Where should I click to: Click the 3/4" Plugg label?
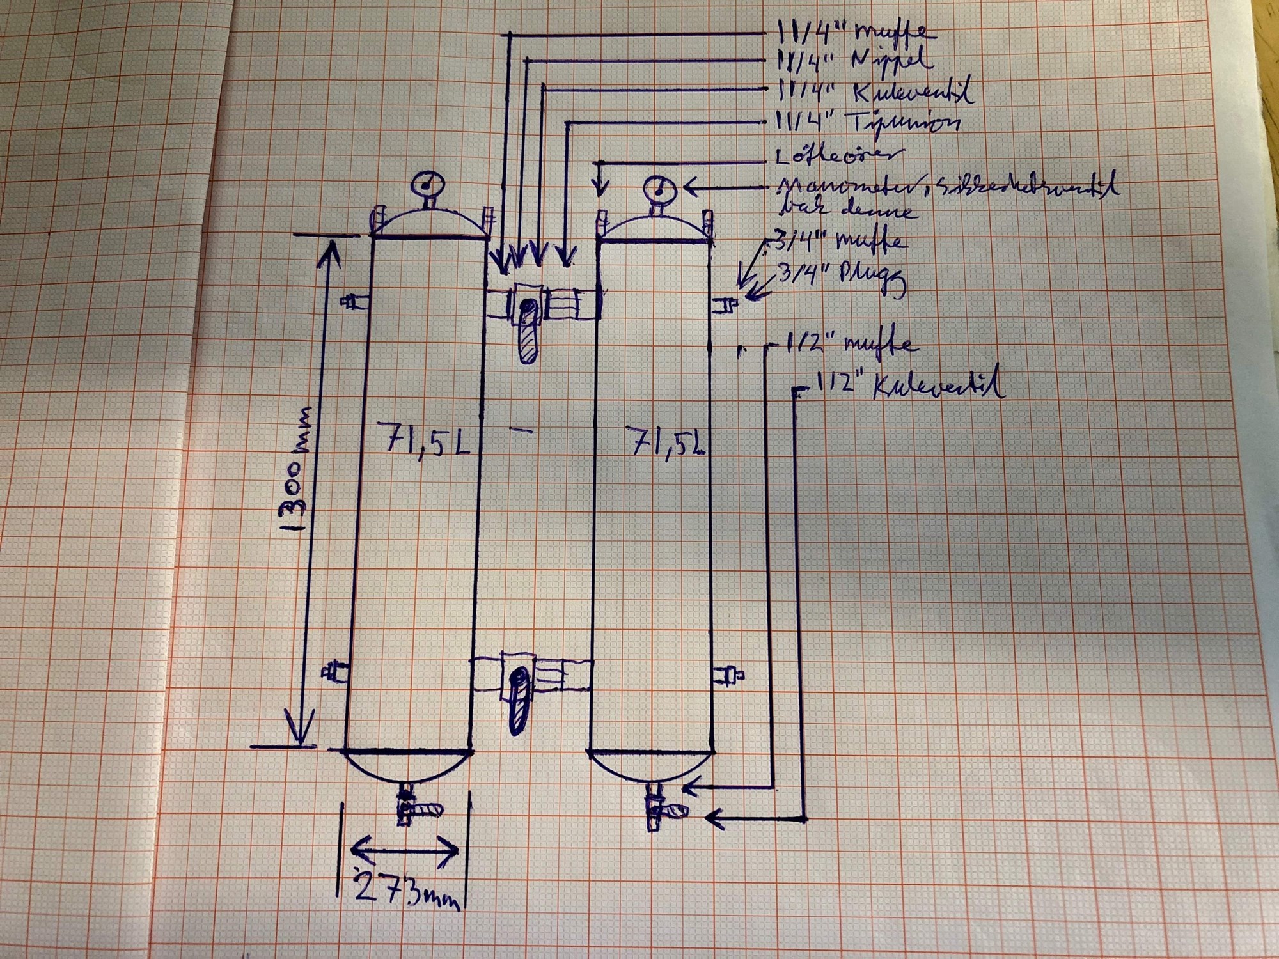click(841, 280)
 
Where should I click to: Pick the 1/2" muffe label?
click(851, 345)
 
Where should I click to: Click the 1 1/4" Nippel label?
click(854, 61)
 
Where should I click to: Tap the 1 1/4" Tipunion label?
click(867, 121)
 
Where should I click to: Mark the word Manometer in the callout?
click(825, 187)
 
